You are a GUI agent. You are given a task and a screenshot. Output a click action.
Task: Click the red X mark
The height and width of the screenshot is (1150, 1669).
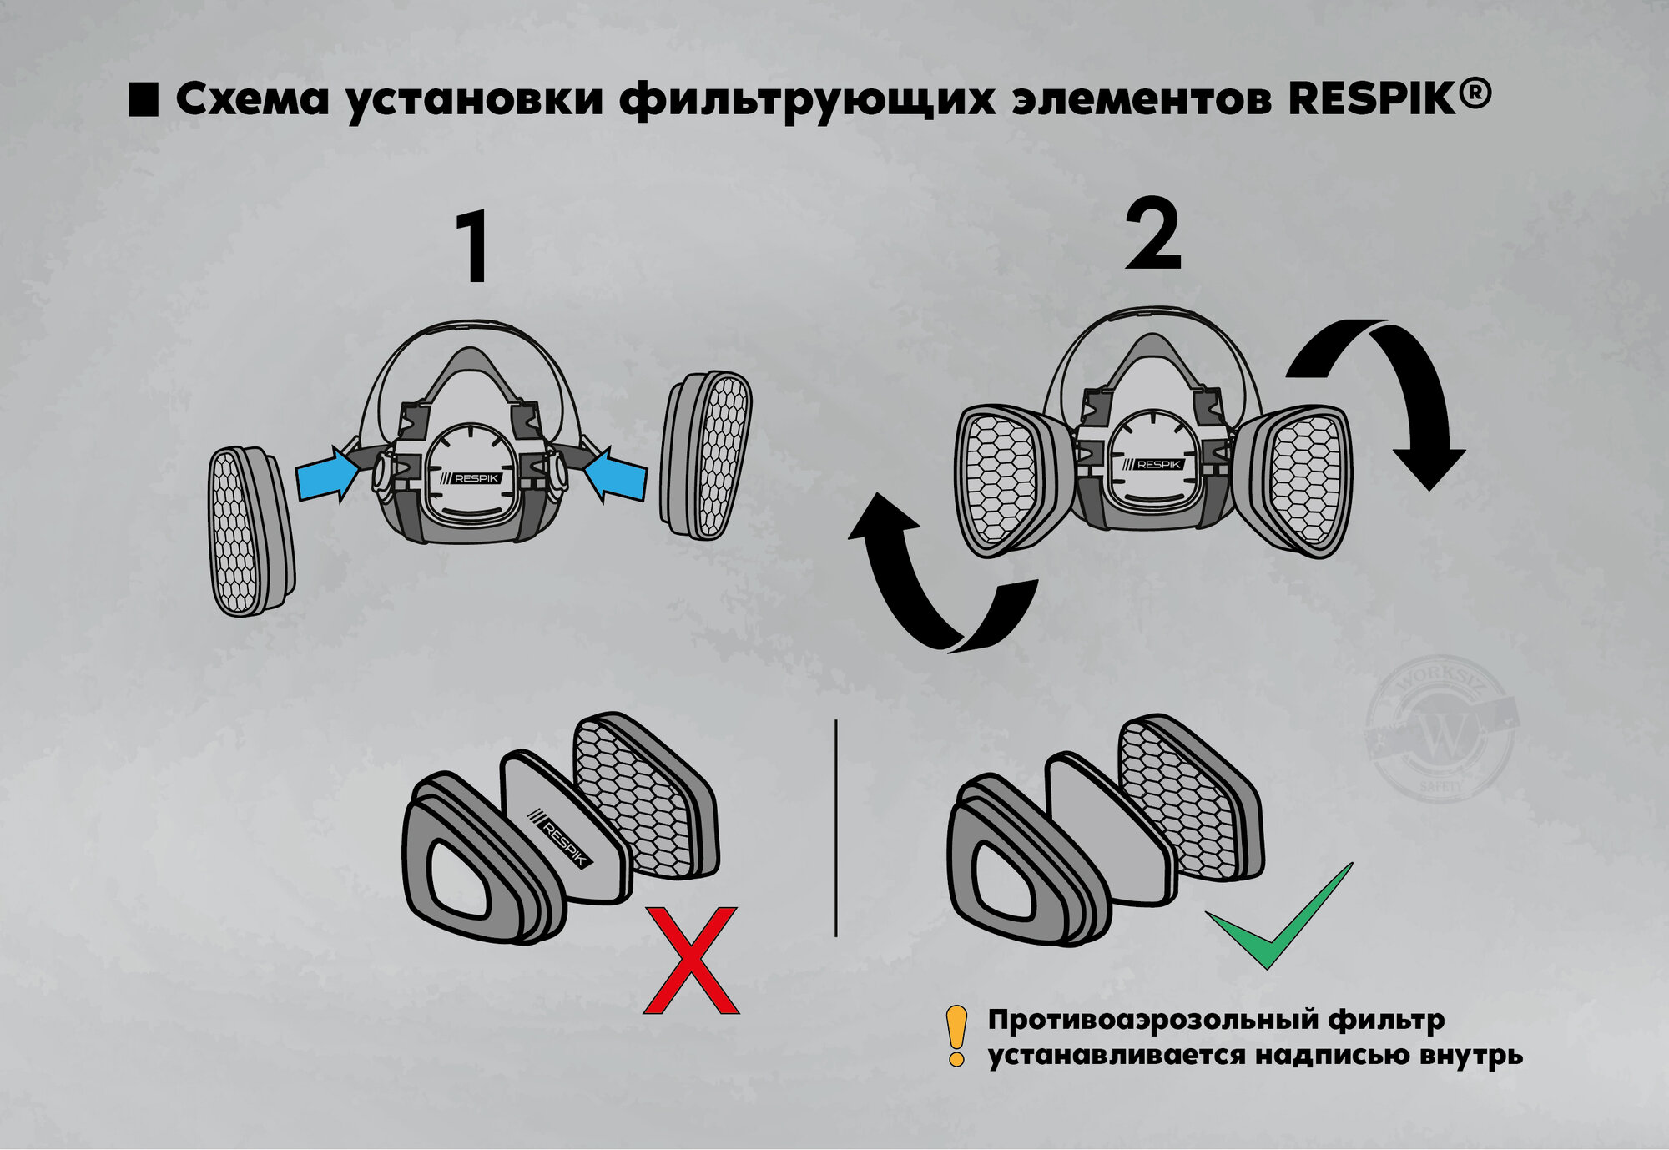[x=691, y=961]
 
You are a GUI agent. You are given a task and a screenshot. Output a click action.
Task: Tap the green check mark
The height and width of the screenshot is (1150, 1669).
[x=1277, y=926]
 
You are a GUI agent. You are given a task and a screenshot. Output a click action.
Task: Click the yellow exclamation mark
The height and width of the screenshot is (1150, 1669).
[x=956, y=1036]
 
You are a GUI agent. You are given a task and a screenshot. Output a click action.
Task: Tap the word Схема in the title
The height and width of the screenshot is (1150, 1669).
[x=253, y=99]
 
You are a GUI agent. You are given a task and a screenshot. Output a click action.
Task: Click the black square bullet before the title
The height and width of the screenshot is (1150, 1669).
[x=144, y=99]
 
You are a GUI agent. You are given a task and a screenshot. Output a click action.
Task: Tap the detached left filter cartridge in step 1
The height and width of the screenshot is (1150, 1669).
[x=250, y=532]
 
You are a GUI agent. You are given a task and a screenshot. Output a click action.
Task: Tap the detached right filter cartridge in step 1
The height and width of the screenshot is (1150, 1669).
[x=706, y=454]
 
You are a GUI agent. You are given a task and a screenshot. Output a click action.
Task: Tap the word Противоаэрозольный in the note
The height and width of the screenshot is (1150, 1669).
[x=1157, y=1020]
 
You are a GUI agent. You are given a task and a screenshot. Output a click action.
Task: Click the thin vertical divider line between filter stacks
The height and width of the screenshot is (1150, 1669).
[x=835, y=826]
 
